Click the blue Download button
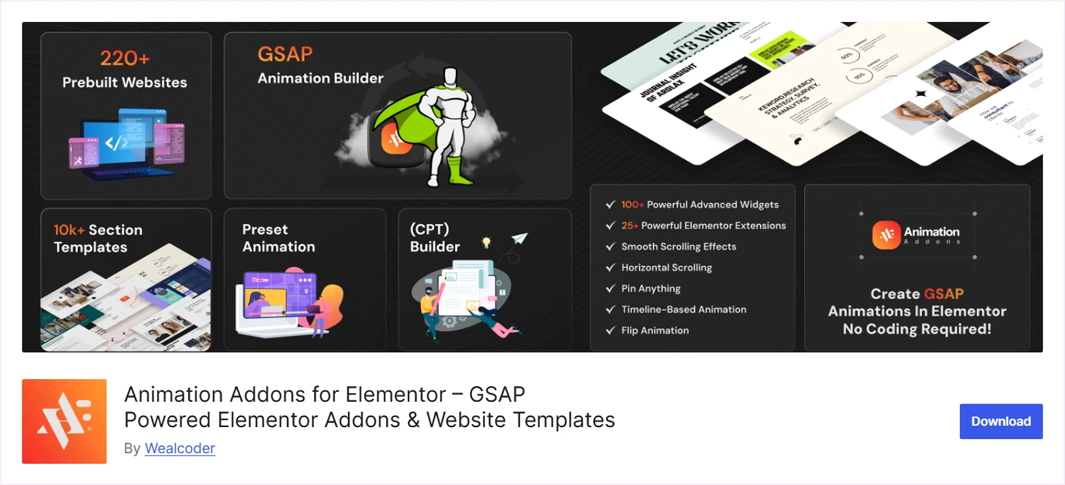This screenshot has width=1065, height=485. pos(1000,421)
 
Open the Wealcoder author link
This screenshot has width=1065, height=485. pos(180,448)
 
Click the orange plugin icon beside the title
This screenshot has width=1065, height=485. pos(64,421)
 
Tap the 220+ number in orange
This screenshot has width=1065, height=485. pos(124,59)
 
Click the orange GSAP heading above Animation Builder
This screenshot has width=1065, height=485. pos(285,54)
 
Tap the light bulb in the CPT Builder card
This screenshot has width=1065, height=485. pos(487,242)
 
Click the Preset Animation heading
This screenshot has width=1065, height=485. pos(278,238)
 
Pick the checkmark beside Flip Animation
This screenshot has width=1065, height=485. pos(610,330)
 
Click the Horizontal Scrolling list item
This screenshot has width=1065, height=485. pos(666,267)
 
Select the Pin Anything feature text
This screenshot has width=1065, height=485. pos(650,288)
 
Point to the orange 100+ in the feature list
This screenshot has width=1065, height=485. pos(632,205)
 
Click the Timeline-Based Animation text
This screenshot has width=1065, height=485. pos(684,309)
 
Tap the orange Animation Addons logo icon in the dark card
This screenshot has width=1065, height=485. pos(886,235)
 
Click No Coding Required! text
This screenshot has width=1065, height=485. pos(917,329)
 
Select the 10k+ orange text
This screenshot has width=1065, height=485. pos(69,230)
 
